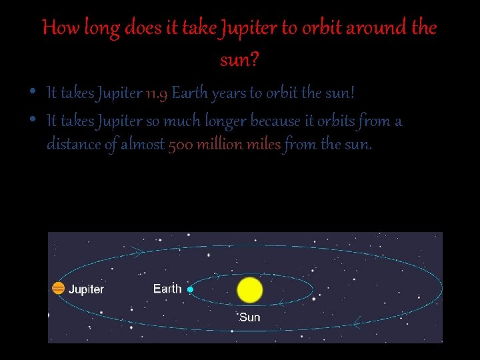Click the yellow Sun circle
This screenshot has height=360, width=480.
pos(250,290)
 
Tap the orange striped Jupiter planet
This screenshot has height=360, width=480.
pos(59,289)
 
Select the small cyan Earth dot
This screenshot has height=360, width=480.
pos(190,289)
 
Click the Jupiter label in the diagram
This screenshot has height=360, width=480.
pos(87,289)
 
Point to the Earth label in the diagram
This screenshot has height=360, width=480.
pos(167,288)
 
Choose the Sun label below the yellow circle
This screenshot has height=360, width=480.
pos(249,317)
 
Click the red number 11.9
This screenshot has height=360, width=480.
pos(157,93)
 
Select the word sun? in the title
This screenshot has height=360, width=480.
pos(239,61)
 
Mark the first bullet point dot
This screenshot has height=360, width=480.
pos(33,92)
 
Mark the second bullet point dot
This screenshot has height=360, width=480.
pos(33,121)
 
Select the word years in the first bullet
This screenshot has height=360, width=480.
pos(229,93)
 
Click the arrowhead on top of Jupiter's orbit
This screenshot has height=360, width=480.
pos(139,251)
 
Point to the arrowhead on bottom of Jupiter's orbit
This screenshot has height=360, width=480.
pos(357,325)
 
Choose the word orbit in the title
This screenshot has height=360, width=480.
pos(319,29)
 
